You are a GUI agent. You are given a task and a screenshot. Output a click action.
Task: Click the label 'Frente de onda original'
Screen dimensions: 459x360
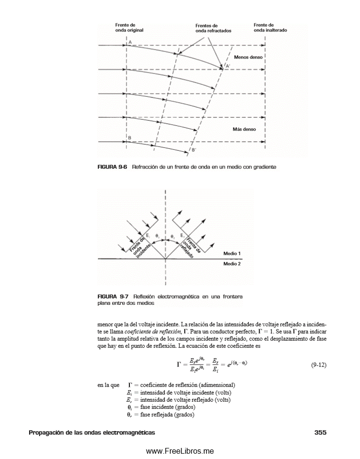click(x=129, y=27)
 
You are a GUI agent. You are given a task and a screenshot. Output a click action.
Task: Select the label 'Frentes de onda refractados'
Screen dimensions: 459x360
click(x=213, y=28)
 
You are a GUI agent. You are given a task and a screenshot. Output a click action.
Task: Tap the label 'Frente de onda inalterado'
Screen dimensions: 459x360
click(x=270, y=27)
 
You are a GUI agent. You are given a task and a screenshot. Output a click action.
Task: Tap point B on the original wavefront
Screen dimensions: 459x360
click(x=129, y=137)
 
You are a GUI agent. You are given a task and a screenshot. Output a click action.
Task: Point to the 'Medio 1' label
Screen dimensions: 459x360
click(x=232, y=253)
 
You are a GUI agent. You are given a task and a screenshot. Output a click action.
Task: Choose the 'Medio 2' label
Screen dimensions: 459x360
click(x=232, y=263)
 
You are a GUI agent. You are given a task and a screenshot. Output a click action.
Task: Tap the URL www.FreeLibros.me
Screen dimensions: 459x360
click(x=180, y=451)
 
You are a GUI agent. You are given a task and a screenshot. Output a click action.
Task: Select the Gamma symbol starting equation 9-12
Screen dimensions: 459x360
click(x=179, y=365)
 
